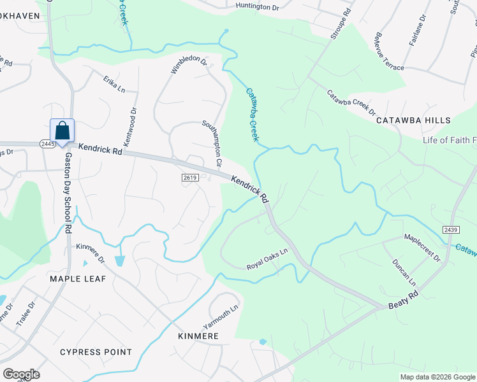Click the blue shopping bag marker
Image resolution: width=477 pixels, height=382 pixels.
pos(62,131)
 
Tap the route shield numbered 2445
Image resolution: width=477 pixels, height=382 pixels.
pos(47,145)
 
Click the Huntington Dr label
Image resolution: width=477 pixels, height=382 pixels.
pos(258,6)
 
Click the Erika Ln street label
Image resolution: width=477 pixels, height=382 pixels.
pos(114,84)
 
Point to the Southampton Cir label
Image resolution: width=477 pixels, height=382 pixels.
pos(212,143)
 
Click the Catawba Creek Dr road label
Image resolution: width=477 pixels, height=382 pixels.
pos(351,103)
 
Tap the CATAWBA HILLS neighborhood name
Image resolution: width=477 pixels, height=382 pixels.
pos(413,120)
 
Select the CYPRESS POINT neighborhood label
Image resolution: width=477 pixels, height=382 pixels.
pos(96,352)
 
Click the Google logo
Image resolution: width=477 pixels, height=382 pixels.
pos(21,374)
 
